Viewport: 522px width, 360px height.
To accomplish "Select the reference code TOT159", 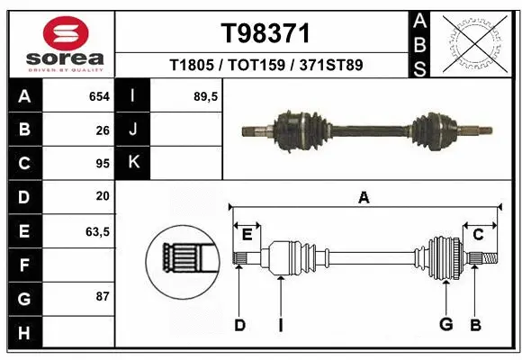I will coord(265,65).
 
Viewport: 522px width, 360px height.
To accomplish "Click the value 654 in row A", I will coord(99,96).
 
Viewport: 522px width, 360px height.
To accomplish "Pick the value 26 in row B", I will coord(103,130).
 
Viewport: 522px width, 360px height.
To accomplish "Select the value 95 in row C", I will coord(103,163).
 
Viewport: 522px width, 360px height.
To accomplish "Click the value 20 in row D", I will coord(103,196).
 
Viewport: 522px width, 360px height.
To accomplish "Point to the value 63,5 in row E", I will coord(97,231).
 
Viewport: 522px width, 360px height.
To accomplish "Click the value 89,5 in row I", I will coord(207,96).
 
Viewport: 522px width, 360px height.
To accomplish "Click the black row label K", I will coord(133,163).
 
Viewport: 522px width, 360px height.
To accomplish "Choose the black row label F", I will coord(24,265).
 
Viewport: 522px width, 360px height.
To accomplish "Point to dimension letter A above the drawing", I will coord(364,198).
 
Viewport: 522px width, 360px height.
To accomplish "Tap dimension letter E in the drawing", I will coord(247,235).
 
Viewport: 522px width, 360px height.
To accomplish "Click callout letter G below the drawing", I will coord(445,324).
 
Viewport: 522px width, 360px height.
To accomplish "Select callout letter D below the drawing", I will coord(239,324).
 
